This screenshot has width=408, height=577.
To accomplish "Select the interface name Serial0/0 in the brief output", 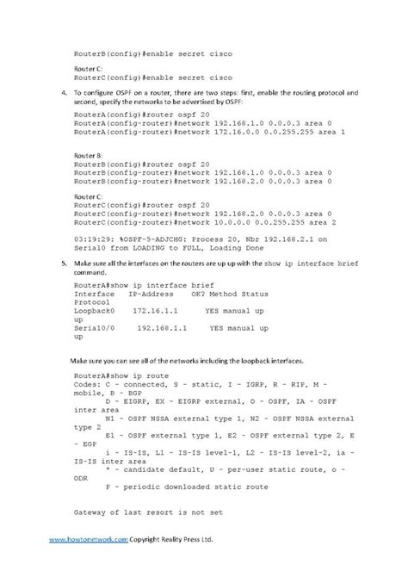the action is (94, 328).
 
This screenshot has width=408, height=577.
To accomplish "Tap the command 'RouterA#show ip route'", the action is (121, 376).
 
